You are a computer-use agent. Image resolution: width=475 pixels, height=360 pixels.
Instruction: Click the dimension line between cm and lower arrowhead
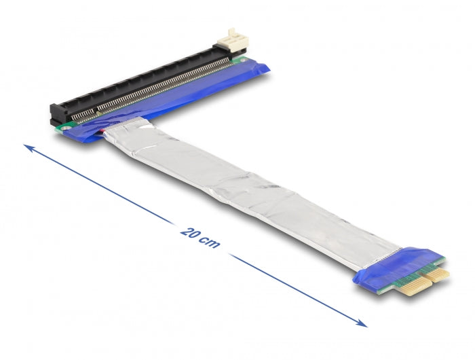tap(292, 285)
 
